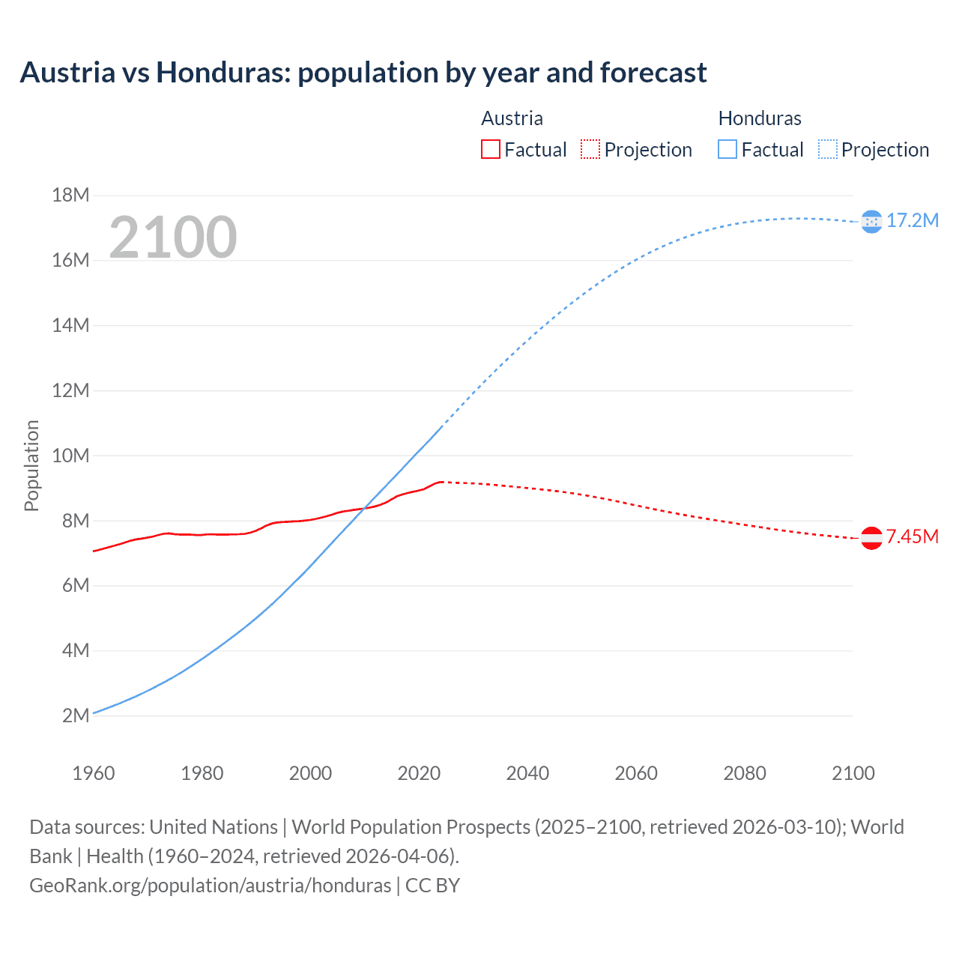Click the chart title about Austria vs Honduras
[x=363, y=73]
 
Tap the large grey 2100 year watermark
[x=173, y=238]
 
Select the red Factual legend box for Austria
[x=490, y=149]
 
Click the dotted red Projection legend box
[x=590, y=149]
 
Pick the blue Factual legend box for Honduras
[x=727, y=149]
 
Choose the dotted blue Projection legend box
[x=827, y=149]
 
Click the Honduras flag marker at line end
[x=871, y=221]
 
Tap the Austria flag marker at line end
[x=871, y=538]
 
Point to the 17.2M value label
[x=913, y=220]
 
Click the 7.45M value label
[x=913, y=536]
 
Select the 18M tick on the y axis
[x=70, y=196]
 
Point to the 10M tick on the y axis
[x=70, y=456]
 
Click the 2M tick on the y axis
[x=76, y=716]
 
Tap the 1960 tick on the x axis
[x=94, y=773]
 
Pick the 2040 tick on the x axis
[x=527, y=773]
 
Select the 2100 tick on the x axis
[x=853, y=773]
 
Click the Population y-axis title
[x=31, y=465]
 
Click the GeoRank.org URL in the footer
[x=210, y=886]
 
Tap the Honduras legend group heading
[x=760, y=118]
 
